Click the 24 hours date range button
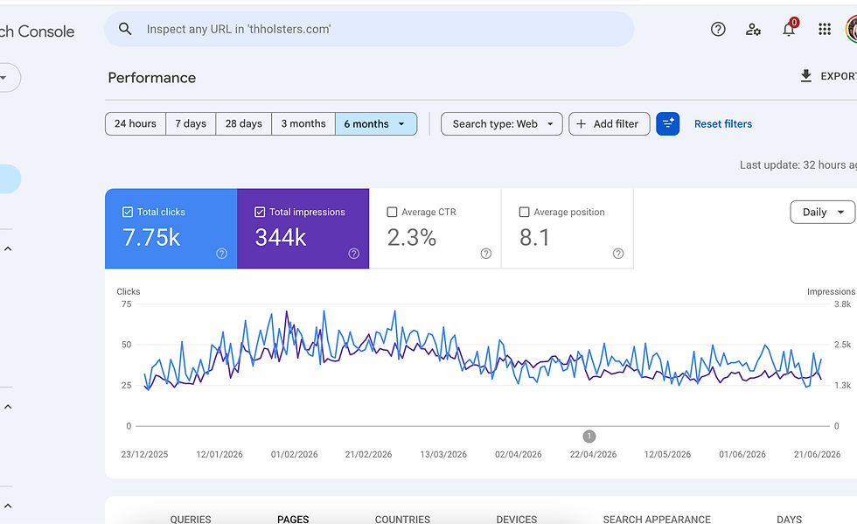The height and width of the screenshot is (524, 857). tap(136, 123)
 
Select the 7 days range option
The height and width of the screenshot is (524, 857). tap(191, 123)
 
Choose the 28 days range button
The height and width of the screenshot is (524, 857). tap(244, 123)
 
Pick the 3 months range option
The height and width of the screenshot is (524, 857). tap(303, 123)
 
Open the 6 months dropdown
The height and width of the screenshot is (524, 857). tap(376, 123)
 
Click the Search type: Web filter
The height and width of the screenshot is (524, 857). tap(502, 124)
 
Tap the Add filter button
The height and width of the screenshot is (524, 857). tap(610, 124)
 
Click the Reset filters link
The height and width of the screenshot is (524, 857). tap(723, 124)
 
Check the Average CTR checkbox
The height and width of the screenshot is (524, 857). tap(392, 212)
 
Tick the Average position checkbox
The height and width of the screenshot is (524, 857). tap(524, 212)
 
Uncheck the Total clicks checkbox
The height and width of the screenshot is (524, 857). tap(128, 212)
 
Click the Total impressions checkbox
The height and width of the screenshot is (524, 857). tap(260, 212)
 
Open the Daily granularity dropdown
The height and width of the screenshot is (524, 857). tap(823, 213)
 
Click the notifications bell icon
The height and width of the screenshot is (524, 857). tap(789, 29)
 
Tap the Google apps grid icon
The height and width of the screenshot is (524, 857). tap(825, 29)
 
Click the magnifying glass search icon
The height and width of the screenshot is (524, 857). tap(125, 29)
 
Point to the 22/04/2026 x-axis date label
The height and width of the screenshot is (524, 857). tap(593, 455)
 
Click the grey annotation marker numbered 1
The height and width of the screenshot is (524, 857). tap(589, 437)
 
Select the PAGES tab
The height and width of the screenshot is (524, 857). tap(293, 519)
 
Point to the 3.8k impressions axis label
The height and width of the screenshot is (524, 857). tap(842, 304)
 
